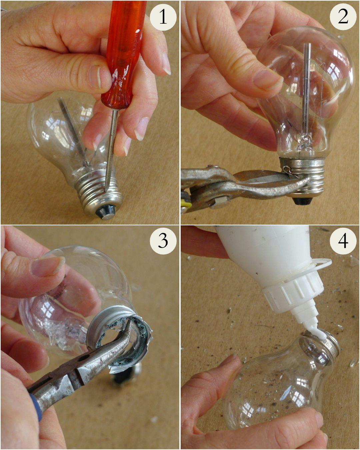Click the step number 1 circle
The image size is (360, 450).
click(163, 17)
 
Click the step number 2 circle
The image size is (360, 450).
click(343, 17)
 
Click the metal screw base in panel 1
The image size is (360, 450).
click(97, 188)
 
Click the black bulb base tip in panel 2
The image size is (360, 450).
click(302, 201)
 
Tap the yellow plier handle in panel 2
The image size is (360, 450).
click(185, 203)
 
